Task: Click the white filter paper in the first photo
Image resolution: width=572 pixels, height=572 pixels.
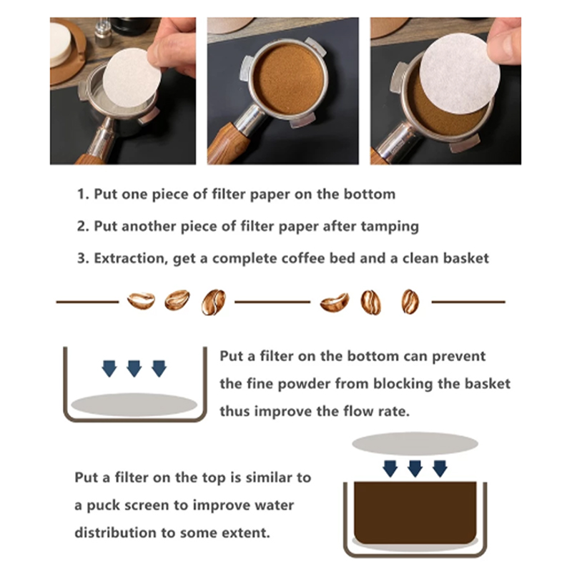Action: pos(132,78)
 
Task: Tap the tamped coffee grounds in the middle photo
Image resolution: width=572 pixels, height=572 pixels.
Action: pos(289,80)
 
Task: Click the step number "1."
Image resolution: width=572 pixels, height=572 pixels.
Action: pos(83,194)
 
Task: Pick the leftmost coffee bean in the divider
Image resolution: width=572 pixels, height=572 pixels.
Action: pos(141,300)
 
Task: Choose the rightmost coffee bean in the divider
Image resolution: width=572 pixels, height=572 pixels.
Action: pos(410,301)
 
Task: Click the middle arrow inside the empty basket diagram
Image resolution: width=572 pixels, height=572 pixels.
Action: pos(134,368)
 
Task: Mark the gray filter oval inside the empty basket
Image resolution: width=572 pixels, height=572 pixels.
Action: pos(134,405)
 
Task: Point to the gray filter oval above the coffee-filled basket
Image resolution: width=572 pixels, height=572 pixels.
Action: pos(415,443)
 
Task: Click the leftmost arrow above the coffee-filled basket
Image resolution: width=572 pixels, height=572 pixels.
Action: pos(390,468)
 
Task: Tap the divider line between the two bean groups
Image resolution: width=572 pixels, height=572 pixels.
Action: pos(272,302)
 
